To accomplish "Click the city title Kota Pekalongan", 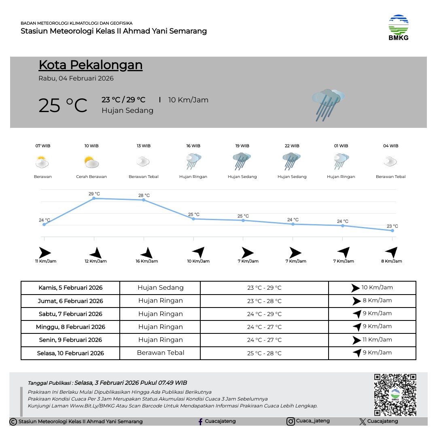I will [x=90, y=65].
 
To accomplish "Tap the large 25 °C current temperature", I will [x=63, y=105].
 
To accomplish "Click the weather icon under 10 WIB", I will [x=91, y=162].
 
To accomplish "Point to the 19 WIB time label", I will [x=242, y=146].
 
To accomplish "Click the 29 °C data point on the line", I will [x=94, y=198].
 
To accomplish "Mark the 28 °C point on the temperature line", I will [x=144, y=200].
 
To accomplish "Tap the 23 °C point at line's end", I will [x=392, y=230].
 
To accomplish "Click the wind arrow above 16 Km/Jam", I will [x=146, y=253].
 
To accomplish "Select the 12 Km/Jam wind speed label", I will [x=95, y=261].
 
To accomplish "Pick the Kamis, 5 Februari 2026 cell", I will [x=70, y=288].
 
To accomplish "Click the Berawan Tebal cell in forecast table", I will [x=160, y=353].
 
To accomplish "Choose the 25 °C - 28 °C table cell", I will [x=264, y=353].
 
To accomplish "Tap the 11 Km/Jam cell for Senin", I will [x=372, y=340].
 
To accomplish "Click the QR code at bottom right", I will [x=395, y=395].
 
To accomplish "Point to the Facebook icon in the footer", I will [x=200, y=422].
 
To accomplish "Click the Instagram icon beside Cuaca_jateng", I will [x=291, y=422].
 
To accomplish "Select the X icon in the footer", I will [x=362, y=422].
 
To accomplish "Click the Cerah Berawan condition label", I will [x=91, y=177].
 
